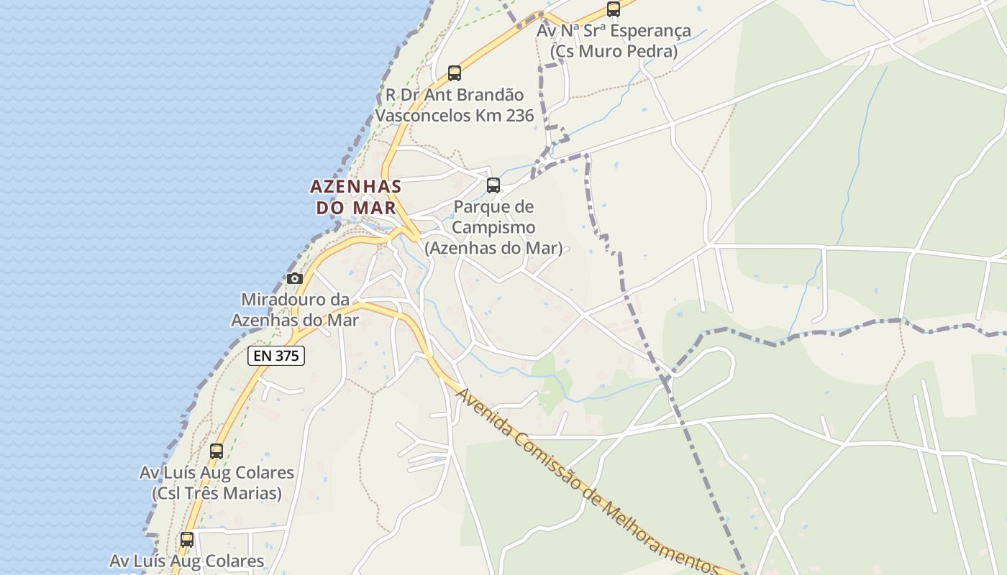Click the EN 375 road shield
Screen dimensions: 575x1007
276,355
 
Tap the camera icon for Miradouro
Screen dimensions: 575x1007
294,278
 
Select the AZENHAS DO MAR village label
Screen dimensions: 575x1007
355,197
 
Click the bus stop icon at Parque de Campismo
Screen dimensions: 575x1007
493,185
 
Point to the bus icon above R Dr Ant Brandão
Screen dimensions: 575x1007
455,73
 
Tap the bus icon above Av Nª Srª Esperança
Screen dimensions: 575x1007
614,9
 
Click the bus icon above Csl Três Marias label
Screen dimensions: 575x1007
217,451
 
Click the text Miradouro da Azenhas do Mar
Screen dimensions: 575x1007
295,310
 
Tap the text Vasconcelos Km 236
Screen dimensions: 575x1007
455,115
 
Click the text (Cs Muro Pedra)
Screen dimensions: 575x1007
614,52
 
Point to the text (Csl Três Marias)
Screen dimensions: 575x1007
217,494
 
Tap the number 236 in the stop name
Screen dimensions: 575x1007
519,115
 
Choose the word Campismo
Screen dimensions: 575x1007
493,228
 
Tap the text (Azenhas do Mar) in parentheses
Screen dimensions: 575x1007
493,249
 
